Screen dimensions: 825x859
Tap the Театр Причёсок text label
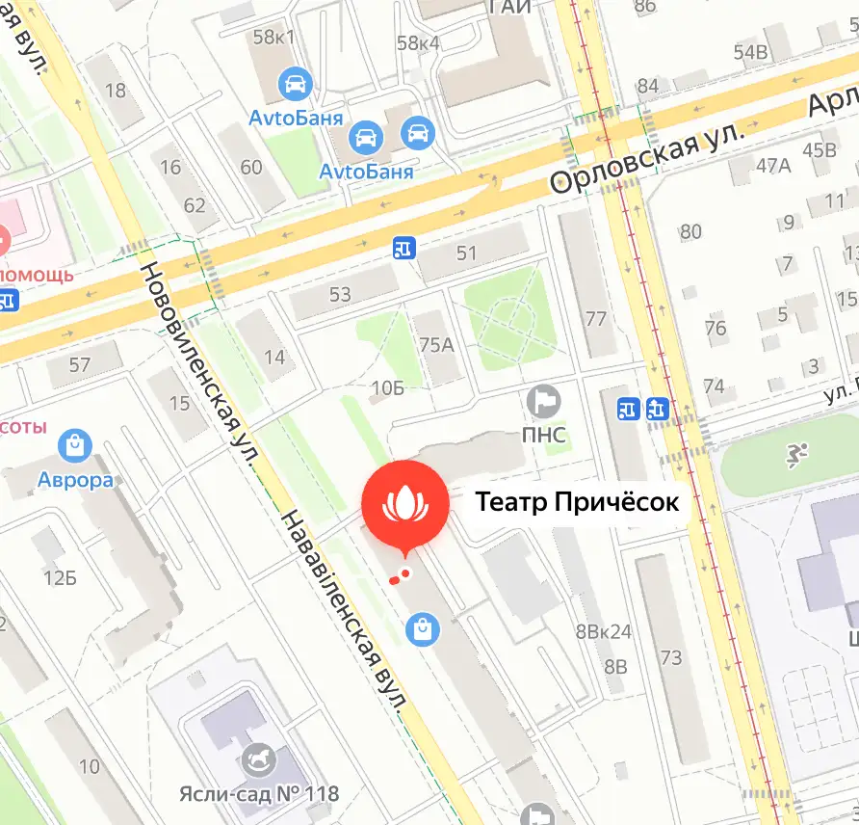[577, 502]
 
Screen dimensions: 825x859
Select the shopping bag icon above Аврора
[74, 445]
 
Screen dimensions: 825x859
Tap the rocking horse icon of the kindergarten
[260, 758]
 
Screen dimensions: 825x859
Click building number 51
[467, 253]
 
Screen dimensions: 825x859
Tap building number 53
[340, 295]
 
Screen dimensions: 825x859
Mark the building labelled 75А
[436, 344]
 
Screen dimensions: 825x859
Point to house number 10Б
[387, 388]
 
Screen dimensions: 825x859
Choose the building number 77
[596, 319]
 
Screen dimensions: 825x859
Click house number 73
[671, 658]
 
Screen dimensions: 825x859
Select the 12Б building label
[59, 578]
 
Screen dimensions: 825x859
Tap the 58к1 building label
[273, 38]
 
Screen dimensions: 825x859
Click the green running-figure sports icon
[796, 456]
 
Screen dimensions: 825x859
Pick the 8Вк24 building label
[603, 633]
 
